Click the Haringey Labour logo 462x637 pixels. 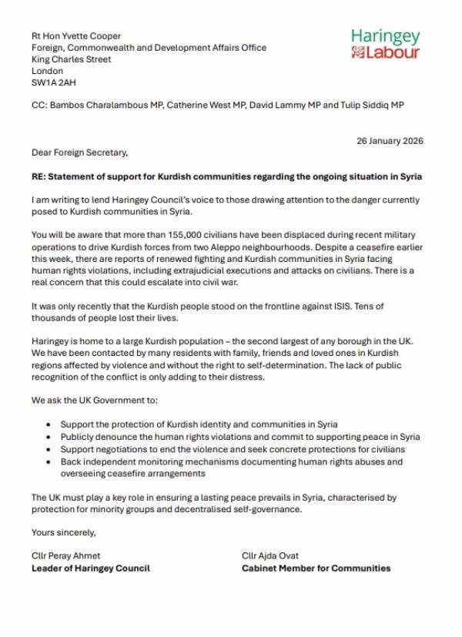(385, 44)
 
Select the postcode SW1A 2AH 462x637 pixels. (54, 82)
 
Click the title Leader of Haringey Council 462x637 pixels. (90, 568)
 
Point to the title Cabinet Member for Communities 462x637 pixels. (316, 568)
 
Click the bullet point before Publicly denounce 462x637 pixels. (50, 437)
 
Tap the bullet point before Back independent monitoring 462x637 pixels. (50, 462)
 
